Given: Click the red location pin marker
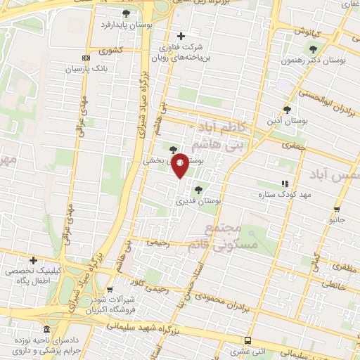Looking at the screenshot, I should (180, 165).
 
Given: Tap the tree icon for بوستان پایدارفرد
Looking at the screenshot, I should (126, 13).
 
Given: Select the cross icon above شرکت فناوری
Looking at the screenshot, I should (181, 36).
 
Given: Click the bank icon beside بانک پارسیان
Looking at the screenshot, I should (86, 58).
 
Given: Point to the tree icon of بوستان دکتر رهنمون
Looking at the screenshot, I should (313, 49).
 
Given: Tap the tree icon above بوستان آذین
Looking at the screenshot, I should (287, 109).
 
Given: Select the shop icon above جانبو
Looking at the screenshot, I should (337, 209).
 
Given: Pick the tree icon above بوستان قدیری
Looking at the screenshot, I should (198, 188).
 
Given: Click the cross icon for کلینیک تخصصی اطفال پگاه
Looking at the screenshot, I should (32, 259).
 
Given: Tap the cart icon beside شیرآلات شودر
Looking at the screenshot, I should (109, 289).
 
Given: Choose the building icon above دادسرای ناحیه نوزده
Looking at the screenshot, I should (46, 329).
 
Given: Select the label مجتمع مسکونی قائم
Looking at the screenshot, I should (225, 237).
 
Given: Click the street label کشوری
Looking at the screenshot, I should (111, 51).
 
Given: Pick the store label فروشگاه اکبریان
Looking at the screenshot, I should (109, 309).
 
